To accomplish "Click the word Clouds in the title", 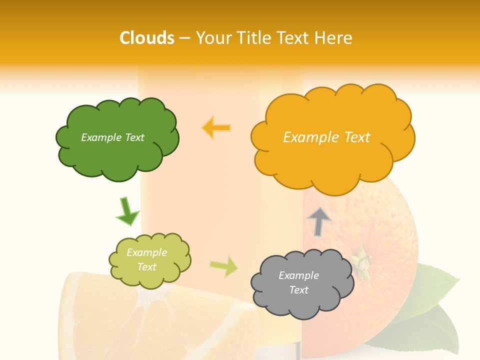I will (146, 38).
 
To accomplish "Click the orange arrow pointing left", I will (216, 128).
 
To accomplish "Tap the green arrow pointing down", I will (127, 211).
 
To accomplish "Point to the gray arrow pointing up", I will (319, 221).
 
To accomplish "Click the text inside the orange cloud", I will (326, 137).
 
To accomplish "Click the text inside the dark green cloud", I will (112, 137).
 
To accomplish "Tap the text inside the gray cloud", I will (298, 282).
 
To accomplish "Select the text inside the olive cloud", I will (146, 259).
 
